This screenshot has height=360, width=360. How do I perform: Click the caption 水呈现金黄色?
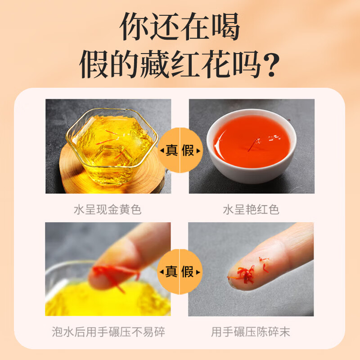pyautogui.click(x=108, y=210)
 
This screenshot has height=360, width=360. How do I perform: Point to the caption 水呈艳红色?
pyautogui.click(x=251, y=210)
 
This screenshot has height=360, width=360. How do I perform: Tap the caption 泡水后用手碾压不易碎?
pyautogui.click(x=108, y=333)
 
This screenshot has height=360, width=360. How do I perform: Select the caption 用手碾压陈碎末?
pyautogui.click(x=251, y=333)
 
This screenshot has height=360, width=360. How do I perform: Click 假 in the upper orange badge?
pyautogui.click(x=188, y=149)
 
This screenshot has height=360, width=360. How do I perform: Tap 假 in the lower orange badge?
pyautogui.click(x=188, y=271)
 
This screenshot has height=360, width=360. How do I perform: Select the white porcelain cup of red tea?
pyautogui.click(x=251, y=144)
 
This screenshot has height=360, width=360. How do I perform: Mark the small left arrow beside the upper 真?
pyautogui.click(x=161, y=150)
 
